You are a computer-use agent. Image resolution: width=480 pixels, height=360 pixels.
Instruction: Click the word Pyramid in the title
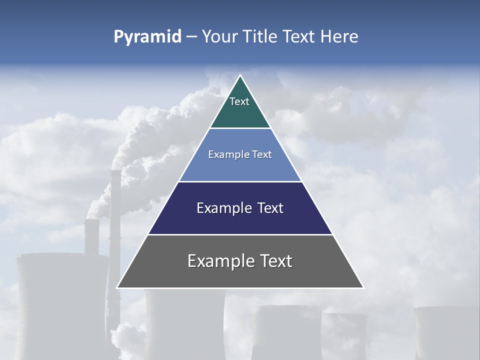(147, 37)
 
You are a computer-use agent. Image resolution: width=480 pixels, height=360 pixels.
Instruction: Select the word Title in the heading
(264, 36)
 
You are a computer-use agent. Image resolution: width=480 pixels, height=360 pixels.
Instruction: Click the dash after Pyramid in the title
(191, 37)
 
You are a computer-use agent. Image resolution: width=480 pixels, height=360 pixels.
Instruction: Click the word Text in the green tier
(239, 101)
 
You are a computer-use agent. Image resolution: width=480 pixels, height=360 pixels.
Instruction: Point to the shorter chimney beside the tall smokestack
(91, 235)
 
